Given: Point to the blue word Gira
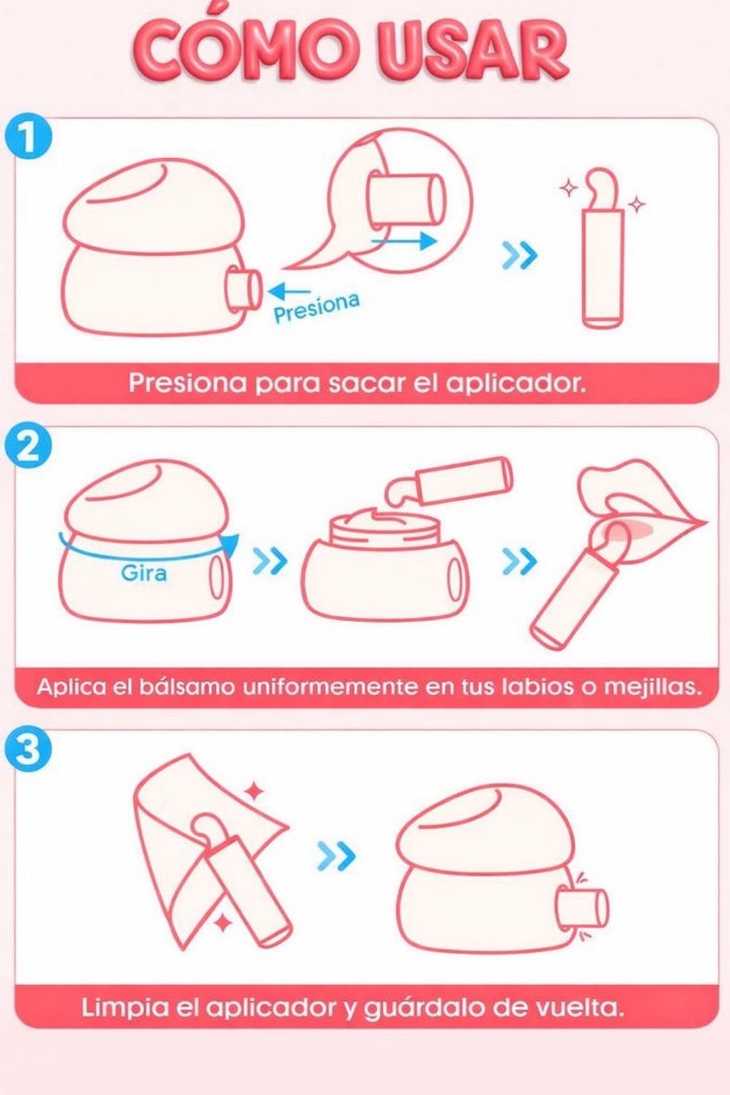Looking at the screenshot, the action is pyautogui.click(x=144, y=572).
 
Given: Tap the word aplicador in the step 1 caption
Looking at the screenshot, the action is pyautogui.click(x=518, y=385).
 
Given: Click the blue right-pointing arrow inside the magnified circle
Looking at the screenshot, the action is pyautogui.click(x=403, y=240).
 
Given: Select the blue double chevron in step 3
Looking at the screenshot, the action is pyautogui.click(x=336, y=855).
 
